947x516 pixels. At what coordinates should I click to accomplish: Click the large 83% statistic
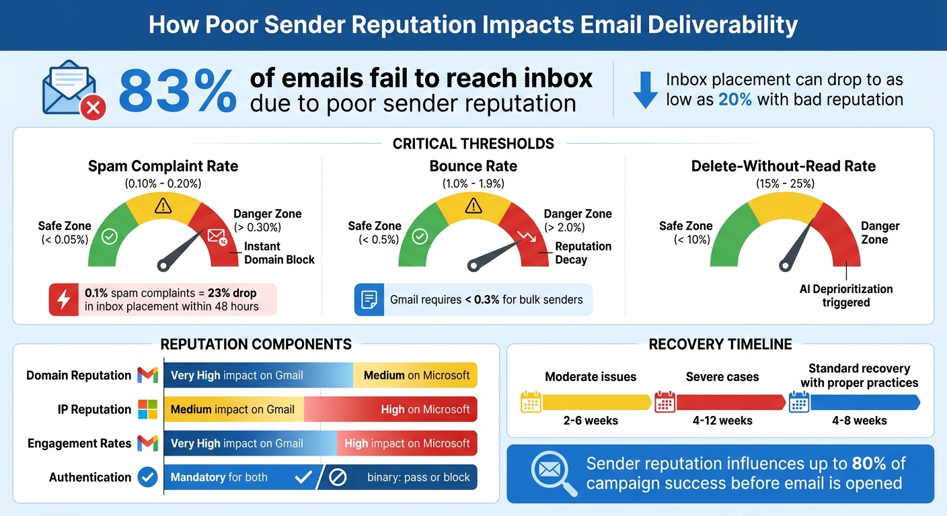click(x=178, y=91)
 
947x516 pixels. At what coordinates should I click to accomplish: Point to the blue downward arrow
click(x=645, y=90)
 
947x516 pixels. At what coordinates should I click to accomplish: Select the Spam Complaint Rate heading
click(x=163, y=166)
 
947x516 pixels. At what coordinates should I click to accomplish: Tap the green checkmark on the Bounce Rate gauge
click(x=420, y=236)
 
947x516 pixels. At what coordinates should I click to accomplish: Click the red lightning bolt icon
click(x=64, y=300)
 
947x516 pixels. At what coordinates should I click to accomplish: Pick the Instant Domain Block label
click(x=279, y=253)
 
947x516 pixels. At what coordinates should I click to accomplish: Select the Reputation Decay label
click(x=582, y=253)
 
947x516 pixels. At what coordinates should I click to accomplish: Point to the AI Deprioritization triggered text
click(x=846, y=296)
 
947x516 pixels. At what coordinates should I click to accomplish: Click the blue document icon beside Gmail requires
click(x=369, y=300)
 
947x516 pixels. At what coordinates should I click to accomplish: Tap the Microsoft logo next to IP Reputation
click(x=147, y=409)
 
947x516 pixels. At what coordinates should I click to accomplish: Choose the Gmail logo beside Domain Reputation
click(x=147, y=376)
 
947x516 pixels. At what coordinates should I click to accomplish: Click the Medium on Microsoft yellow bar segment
click(x=416, y=376)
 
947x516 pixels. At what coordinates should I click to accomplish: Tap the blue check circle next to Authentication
click(x=147, y=477)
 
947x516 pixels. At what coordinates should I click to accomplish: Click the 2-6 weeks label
click(x=590, y=421)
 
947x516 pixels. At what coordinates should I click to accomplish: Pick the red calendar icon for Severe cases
click(x=665, y=402)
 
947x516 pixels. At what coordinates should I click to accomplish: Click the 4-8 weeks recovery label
click(x=859, y=421)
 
